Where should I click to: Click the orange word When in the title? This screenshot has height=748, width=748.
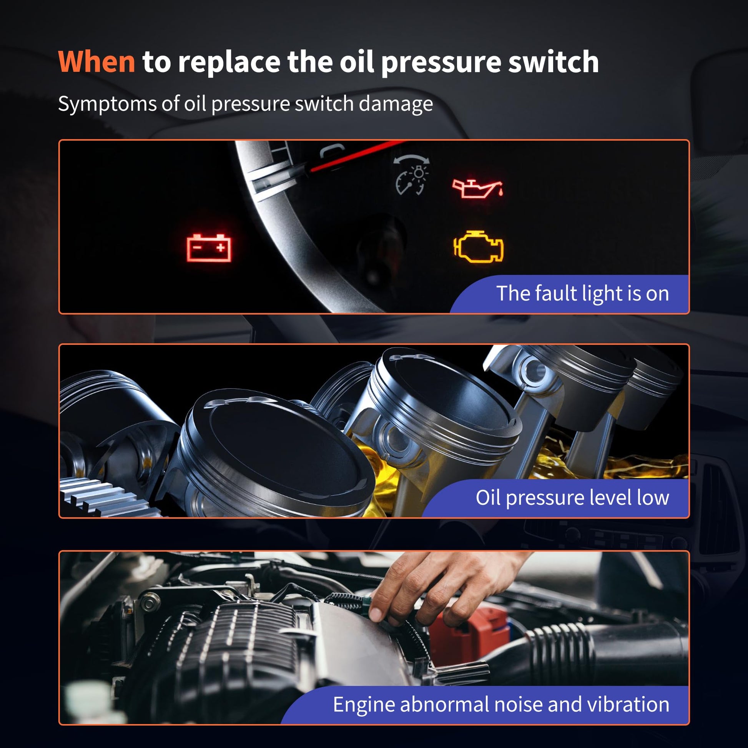(x=96, y=62)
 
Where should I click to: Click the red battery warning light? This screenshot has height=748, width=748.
(x=209, y=248)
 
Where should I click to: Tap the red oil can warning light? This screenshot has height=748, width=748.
(x=478, y=189)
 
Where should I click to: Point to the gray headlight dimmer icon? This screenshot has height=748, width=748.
(x=411, y=175)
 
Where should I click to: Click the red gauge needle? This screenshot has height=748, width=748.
(x=358, y=156)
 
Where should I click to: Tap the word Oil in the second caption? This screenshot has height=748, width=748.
(x=488, y=497)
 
